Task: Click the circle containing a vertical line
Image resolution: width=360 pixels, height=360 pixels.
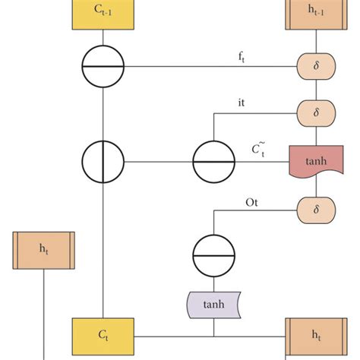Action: pyautogui.click(x=103, y=161)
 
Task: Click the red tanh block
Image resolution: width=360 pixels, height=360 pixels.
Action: pyautogui.click(x=311, y=161)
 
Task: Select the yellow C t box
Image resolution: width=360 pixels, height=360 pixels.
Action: pyautogui.click(x=103, y=335)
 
